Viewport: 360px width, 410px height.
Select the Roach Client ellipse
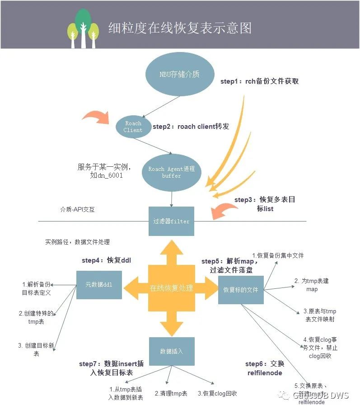133,127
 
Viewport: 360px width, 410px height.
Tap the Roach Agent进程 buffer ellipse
172,172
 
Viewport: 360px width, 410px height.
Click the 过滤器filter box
171,221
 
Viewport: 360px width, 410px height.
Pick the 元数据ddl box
98,285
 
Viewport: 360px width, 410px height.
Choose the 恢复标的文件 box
241,289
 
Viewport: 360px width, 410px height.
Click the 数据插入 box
172,351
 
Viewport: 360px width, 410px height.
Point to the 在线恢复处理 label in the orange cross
171,288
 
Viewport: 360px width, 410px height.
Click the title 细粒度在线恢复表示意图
179,28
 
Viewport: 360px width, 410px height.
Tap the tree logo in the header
83,28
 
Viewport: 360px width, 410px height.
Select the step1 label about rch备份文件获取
259,81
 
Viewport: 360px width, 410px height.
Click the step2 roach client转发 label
191,127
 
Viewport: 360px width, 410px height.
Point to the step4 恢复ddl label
106,260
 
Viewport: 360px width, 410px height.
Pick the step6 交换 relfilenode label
265,368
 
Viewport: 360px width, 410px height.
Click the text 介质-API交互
78,210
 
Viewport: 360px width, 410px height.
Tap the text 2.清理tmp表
171,393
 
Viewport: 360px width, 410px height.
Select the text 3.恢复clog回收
217,393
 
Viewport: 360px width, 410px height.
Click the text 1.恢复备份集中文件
278,255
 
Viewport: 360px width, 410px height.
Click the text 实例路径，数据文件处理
77,242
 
